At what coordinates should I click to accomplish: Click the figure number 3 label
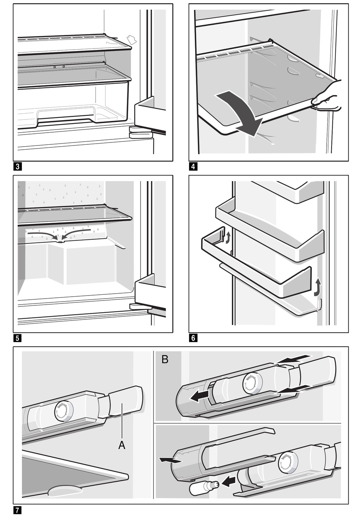pyautogui.click(x=17, y=167)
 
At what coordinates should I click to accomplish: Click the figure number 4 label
pyautogui.click(x=193, y=167)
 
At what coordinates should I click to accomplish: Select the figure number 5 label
pyautogui.click(x=17, y=338)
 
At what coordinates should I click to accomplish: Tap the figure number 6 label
pyautogui.click(x=193, y=338)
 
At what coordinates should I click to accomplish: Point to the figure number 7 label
pyautogui.click(x=17, y=510)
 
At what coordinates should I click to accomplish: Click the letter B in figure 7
pyautogui.click(x=165, y=360)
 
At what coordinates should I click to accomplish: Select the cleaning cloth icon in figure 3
pyautogui.click(x=132, y=40)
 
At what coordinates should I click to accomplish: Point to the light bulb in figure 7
pyautogui.click(x=204, y=488)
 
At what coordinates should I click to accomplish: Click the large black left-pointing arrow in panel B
pyautogui.click(x=199, y=397)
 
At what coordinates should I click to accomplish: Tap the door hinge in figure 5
pyautogui.click(x=139, y=307)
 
